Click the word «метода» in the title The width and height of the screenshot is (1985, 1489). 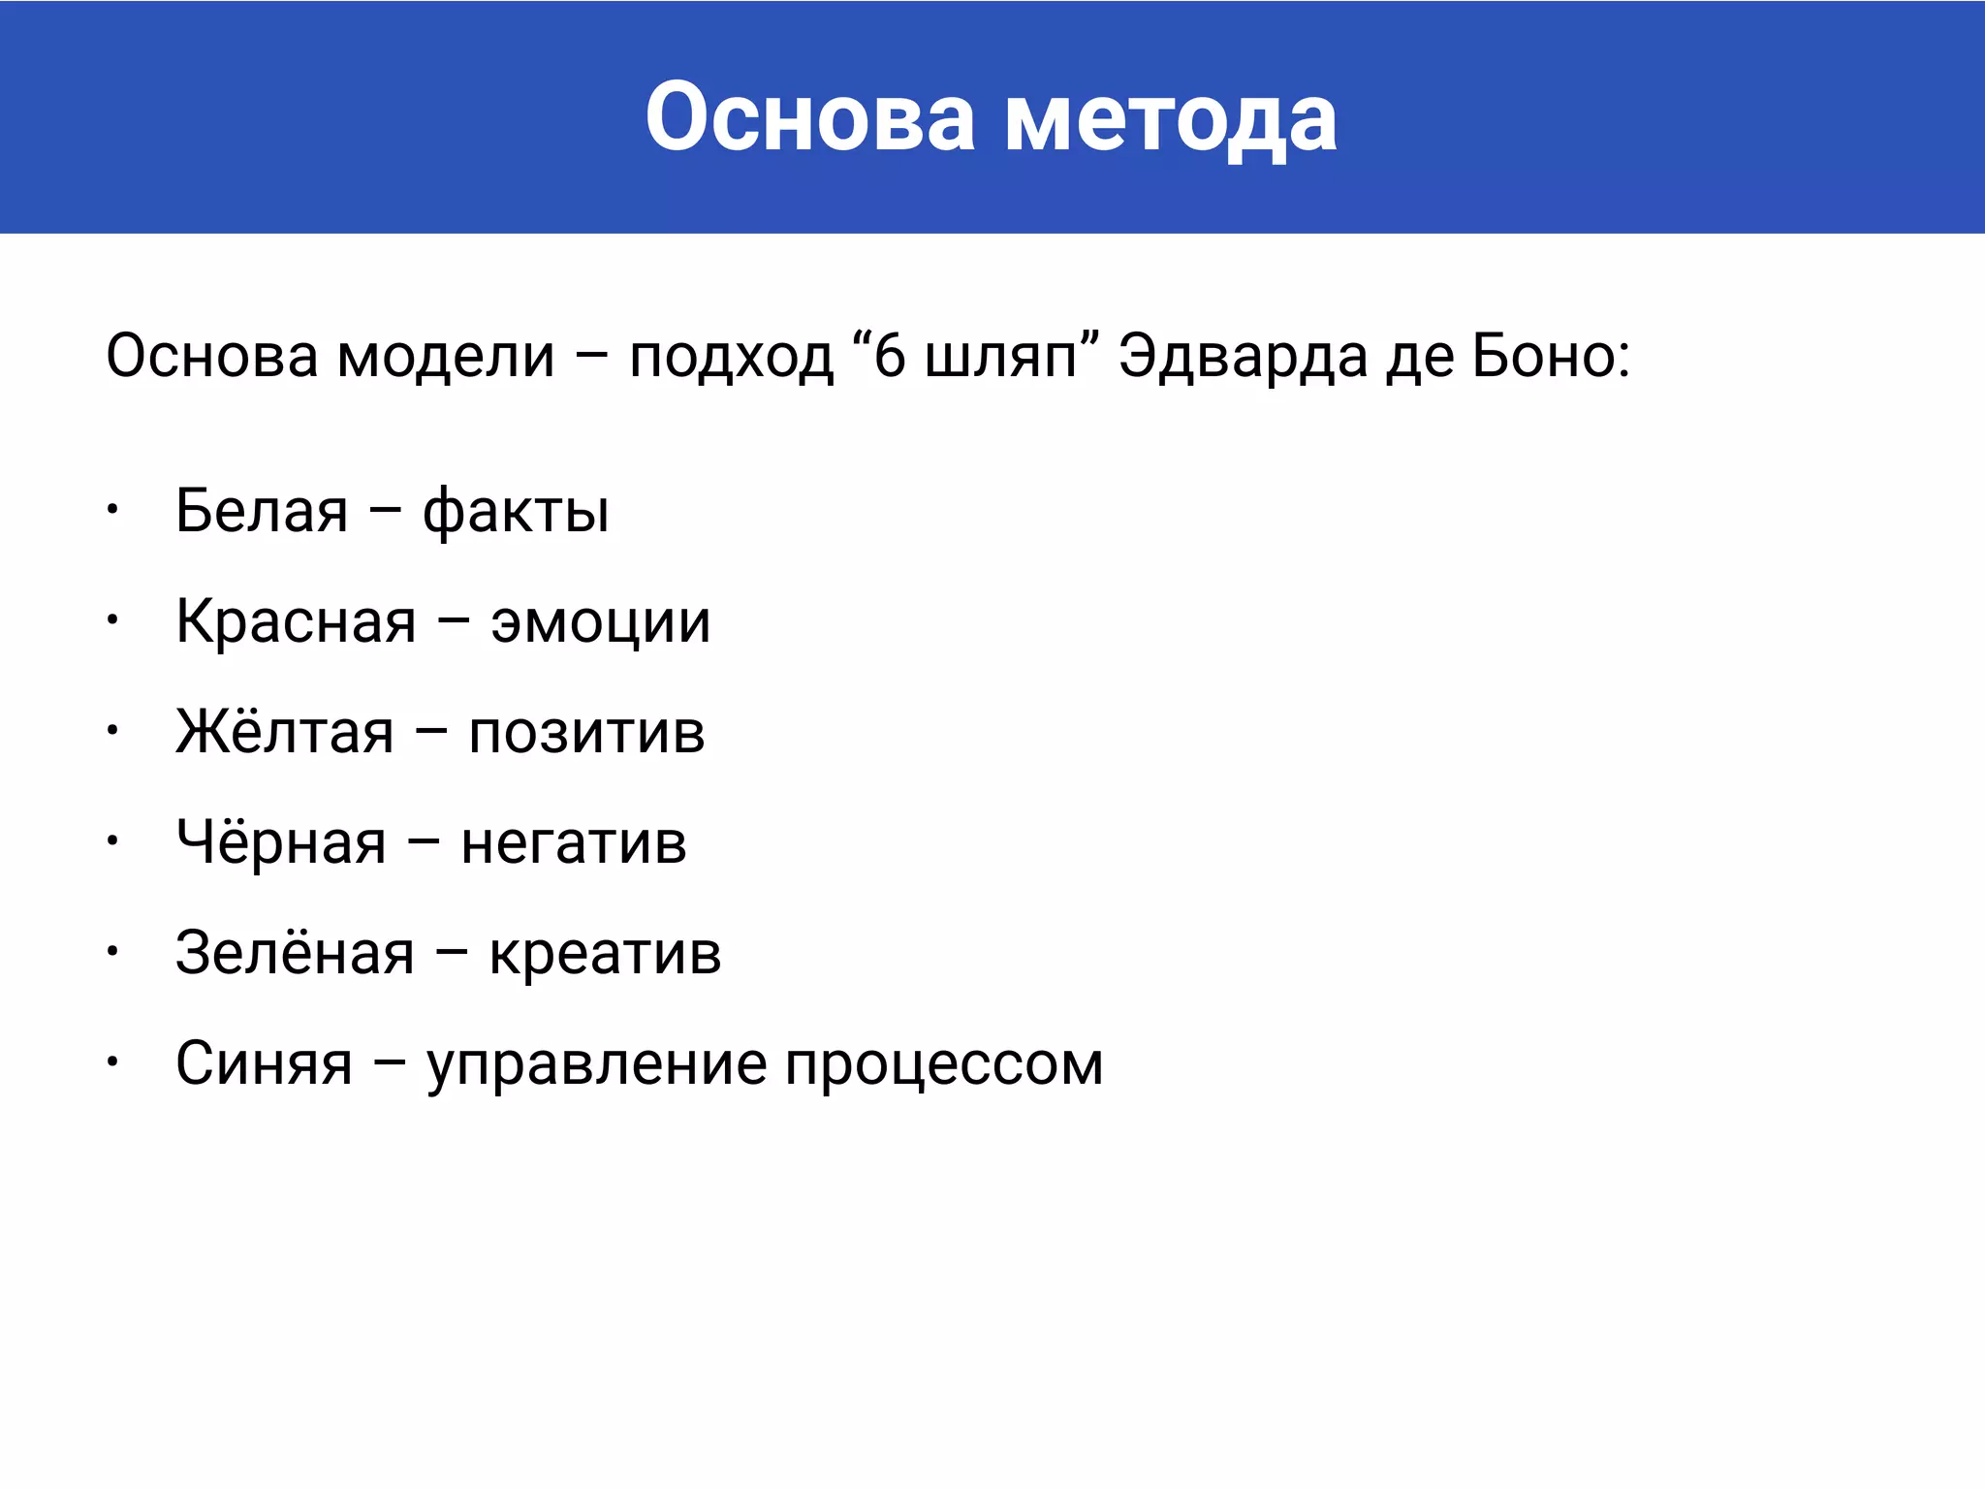pos(1170,119)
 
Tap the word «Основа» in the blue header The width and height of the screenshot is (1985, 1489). pos(810,117)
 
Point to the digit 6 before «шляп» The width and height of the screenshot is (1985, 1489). pos(889,356)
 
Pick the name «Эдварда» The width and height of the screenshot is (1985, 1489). pos(1242,357)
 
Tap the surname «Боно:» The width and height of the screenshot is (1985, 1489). pos(1551,356)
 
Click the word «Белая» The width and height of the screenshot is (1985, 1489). pos(262,511)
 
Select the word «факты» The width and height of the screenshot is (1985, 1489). pos(516,513)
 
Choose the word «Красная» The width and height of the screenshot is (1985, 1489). pos(296,621)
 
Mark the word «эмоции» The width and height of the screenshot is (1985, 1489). pos(600,623)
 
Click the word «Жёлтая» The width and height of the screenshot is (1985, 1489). pos(284,731)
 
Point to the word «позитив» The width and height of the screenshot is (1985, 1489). pos(586,733)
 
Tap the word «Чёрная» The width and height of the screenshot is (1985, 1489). pos(281,841)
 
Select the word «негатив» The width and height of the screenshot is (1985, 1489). pos(574,843)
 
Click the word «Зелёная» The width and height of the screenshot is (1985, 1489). pos(295,952)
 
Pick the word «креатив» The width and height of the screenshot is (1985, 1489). pos(605,954)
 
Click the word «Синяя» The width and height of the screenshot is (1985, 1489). pos(264,1063)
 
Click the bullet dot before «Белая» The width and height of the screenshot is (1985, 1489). pos(112,509)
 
